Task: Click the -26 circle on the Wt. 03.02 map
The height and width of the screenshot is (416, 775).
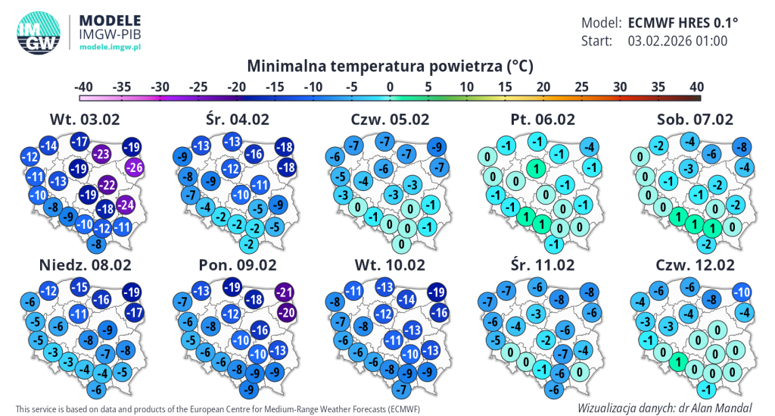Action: coord(136,167)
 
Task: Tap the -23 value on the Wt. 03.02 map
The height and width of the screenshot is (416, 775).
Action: coord(101,155)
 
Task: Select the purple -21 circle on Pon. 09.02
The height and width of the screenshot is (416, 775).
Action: coord(285,292)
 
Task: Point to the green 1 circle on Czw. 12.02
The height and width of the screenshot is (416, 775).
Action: coord(678,363)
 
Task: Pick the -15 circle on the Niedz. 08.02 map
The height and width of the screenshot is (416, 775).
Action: coord(79,287)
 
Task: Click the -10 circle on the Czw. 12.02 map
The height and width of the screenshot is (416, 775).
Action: coord(742,292)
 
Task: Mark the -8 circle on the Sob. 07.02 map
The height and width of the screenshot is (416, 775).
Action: coord(742,147)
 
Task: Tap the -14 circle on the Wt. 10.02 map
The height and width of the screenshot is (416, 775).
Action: coord(406,300)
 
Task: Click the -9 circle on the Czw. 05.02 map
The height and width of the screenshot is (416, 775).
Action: coord(436,147)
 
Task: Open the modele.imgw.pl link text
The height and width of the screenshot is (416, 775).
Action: coord(110,47)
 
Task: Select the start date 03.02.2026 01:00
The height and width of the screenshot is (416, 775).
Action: coord(677,41)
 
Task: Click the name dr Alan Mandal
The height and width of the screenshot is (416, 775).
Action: coord(720,407)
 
